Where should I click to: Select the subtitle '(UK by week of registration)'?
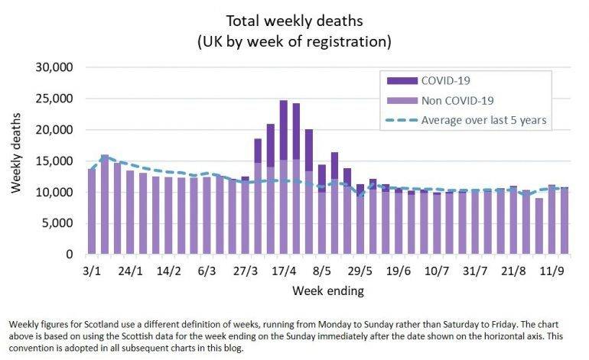[x=294, y=38]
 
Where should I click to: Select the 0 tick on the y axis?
[x=70, y=255]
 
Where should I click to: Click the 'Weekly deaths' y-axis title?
[x=17, y=161]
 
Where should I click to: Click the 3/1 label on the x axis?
[x=92, y=271]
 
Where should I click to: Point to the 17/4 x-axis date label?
[x=283, y=271]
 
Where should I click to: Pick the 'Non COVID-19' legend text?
[x=457, y=100]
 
